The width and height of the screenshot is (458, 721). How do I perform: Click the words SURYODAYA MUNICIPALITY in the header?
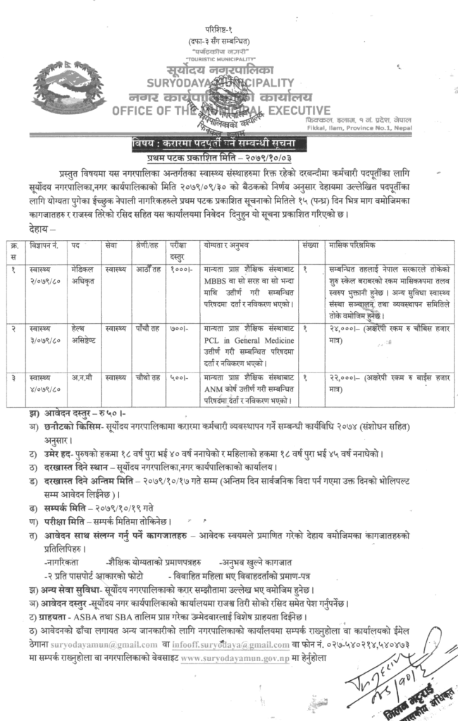click(x=228, y=84)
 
